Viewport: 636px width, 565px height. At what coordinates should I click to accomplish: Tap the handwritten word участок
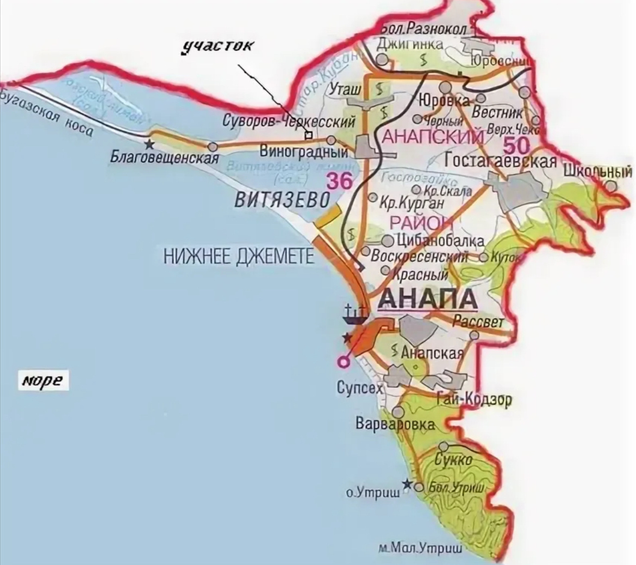(217, 45)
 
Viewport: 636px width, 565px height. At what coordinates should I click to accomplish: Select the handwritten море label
(42, 380)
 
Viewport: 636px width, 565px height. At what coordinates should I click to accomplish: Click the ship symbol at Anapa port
(355, 313)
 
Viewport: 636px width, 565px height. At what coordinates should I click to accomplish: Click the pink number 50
(516, 146)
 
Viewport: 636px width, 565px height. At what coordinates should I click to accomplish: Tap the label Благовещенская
(164, 158)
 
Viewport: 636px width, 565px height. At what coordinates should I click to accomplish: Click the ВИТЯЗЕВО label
(282, 200)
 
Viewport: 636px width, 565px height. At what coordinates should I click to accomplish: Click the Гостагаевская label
(501, 161)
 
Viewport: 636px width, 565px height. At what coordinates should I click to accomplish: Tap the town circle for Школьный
(612, 186)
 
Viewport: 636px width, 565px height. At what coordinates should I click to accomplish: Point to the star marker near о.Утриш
(406, 483)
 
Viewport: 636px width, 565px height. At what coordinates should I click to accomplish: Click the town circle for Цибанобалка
(388, 241)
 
